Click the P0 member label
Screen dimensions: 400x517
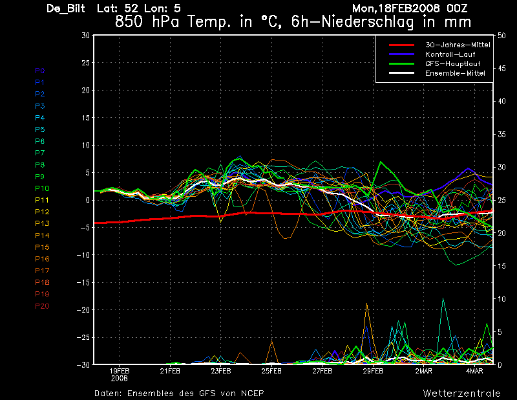tap(40, 71)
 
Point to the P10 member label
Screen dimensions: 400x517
tap(41, 188)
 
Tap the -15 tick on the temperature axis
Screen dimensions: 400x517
tap(83, 283)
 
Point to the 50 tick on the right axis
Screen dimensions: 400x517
tap(501, 36)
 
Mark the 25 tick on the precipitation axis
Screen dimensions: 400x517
tap(501, 200)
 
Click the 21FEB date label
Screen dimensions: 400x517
tap(170, 372)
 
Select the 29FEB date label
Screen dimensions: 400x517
tap(373, 372)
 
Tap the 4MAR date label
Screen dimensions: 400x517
tap(475, 372)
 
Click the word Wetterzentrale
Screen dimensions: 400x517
tap(461, 394)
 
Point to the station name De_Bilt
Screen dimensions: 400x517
tap(67, 9)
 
